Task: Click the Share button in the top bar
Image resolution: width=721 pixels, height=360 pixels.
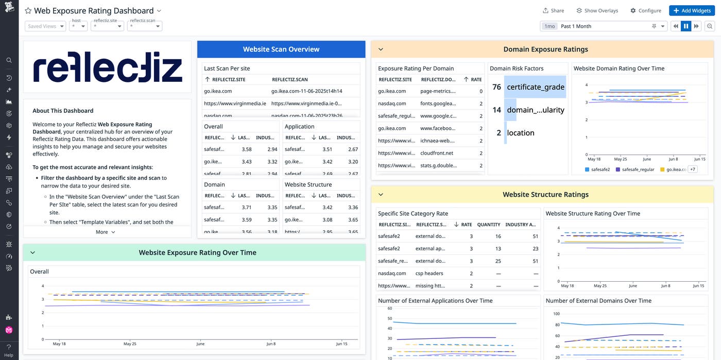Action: tap(553, 10)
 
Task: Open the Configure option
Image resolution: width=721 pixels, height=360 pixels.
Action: tap(645, 10)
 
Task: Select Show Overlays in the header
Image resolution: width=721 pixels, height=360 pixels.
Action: tap(597, 10)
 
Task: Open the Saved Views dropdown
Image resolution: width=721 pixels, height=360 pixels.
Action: tap(45, 26)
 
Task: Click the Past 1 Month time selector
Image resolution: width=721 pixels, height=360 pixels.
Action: tap(604, 26)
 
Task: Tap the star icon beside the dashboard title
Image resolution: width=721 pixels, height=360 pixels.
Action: tap(28, 11)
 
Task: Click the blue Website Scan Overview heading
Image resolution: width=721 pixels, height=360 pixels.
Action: tap(281, 49)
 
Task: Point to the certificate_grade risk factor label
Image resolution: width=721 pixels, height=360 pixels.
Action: tap(536, 87)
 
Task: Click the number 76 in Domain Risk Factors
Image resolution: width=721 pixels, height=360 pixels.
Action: tap(496, 87)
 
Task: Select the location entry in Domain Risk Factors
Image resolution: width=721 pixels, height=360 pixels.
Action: tap(521, 133)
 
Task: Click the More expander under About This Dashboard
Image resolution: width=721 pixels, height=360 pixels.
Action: tap(106, 232)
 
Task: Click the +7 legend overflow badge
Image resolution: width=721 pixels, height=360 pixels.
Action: tap(692, 169)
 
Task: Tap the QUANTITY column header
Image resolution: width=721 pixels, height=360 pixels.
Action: tap(489, 225)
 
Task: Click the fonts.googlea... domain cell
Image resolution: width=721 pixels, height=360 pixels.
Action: tap(438, 104)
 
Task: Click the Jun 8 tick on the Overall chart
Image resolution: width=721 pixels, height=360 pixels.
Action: tap(271, 344)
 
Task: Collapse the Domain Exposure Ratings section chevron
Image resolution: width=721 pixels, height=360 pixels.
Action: tap(381, 49)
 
